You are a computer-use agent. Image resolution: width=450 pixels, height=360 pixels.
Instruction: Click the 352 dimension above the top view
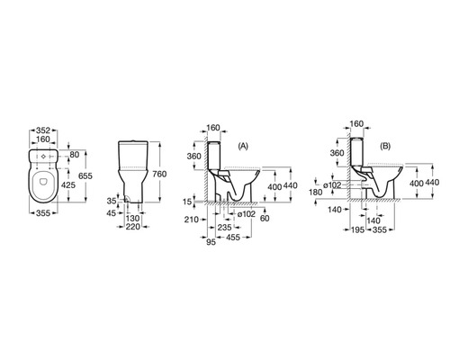click(x=43, y=130)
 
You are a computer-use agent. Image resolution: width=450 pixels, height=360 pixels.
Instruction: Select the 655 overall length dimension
click(x=85, y=175)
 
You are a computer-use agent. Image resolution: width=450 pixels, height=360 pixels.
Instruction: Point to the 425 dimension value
click(x=68, y=185)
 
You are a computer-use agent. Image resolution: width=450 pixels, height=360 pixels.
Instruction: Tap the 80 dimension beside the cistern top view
click(x=75, y=155)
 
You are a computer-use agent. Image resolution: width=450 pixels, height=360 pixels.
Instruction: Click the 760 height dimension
click(x=159, y=174)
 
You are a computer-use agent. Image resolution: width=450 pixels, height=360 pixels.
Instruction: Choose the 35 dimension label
click(x=112, y=201)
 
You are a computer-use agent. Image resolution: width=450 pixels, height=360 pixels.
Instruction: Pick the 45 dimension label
click(x=112, y=213)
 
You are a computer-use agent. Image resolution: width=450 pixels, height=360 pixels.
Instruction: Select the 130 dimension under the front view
click(x=132, y=219)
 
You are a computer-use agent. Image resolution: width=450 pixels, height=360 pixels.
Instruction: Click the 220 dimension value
click(x=132, y=227)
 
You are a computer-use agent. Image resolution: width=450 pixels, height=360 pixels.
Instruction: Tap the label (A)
click(x=243, y=146)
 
